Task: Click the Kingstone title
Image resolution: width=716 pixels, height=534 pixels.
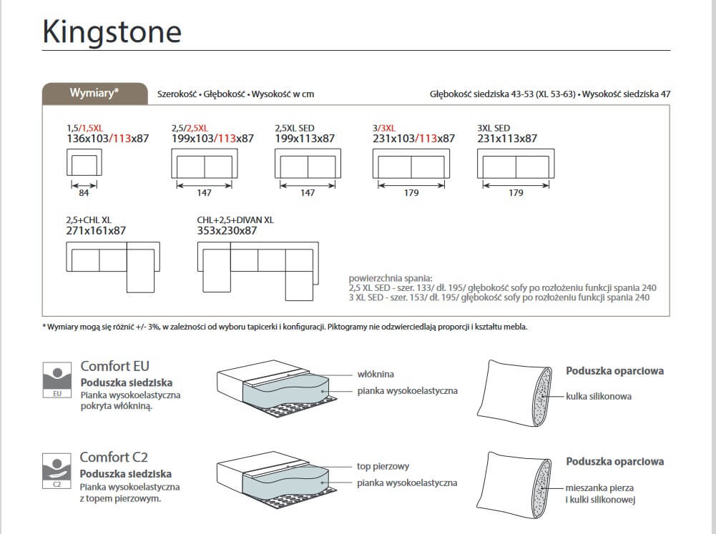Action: pyautogui.click(x=112, y=31)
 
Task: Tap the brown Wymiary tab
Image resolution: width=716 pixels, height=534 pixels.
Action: pyautogui.click(x=94, y=93)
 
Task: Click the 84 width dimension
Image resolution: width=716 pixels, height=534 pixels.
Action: pyautogui.click(x=84, y=193)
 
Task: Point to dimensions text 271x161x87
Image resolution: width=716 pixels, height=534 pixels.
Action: pyautogui.click(x=96, y=231)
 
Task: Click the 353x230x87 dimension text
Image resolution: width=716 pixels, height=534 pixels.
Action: pyautogui.click(x=227, y=231)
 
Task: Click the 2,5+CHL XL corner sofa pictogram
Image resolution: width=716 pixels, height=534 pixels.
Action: pyautogui.click(x=112, y=265)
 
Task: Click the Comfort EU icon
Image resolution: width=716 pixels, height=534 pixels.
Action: pyautogui.click(x=58, y=379)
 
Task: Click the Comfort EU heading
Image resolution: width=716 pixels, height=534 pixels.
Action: pyautogui.click(x=114, y=366)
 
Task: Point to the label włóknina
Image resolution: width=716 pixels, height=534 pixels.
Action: pyautogui.click(x=376, y=374)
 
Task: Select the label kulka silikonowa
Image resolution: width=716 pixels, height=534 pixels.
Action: pyautogui.click(x=599, y=396)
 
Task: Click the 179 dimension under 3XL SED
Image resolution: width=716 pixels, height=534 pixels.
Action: pyautogui.click(x=516, y=193)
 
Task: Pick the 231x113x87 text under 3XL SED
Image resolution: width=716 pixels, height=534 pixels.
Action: pyautogui.click(x=507, y=139)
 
